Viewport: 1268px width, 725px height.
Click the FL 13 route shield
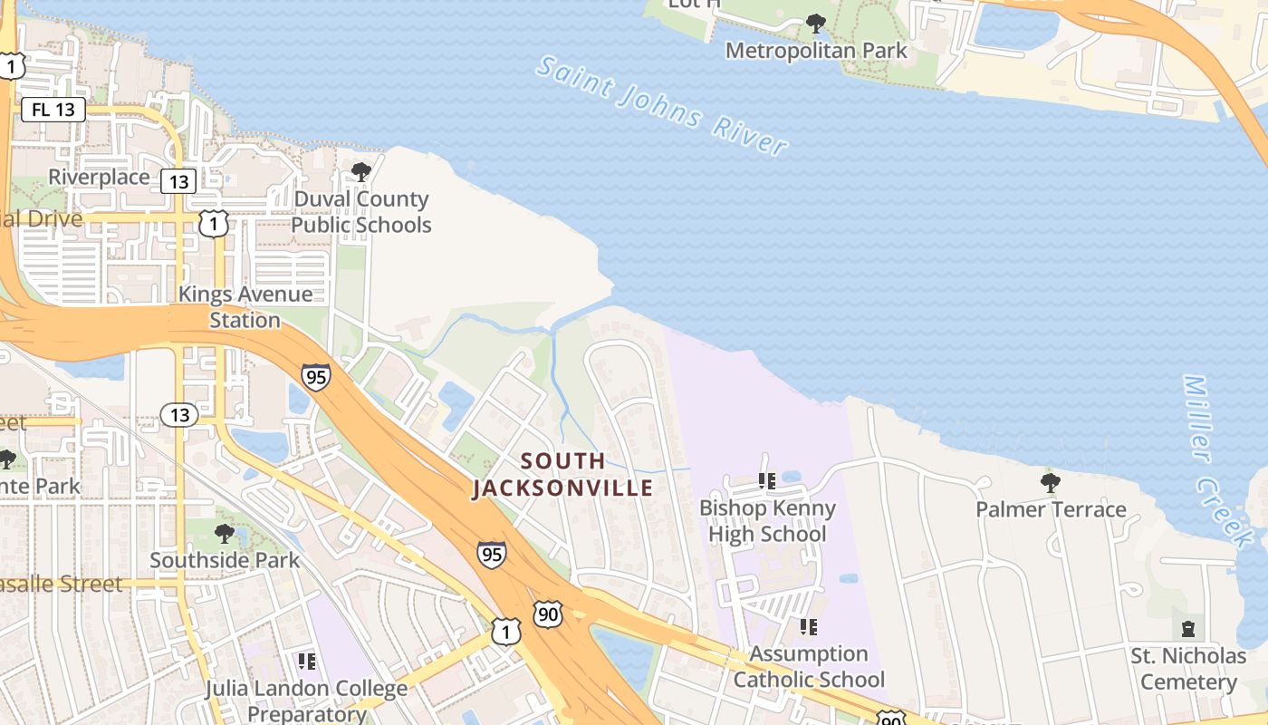(53, 111)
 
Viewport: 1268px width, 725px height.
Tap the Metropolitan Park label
(816, 51)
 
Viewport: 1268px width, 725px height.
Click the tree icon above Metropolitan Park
(816, 23)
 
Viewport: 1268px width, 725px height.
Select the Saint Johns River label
(662, 105)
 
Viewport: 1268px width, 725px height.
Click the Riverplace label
(99, 177)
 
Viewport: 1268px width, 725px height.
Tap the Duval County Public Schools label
(361, 211)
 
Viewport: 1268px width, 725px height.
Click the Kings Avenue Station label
(245, 306)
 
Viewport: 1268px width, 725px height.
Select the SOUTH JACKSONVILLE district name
(562, 474)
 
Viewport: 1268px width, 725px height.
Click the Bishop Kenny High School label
(767, 520)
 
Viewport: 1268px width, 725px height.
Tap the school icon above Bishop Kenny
(767, 480)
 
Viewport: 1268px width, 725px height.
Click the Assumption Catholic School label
(809, 666)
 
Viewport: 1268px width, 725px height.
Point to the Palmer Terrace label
(1051, 509)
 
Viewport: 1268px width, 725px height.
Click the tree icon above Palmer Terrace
(1051, 481)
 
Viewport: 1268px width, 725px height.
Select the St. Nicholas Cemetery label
(1188, 668)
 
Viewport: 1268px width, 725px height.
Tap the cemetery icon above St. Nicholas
(1188, 628)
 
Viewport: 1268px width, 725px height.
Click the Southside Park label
(225, 560)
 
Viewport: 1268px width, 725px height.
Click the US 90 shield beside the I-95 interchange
(547, 614)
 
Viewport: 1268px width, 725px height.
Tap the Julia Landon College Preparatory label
(306, 701)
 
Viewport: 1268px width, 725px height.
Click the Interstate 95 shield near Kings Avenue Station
(316, 376)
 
